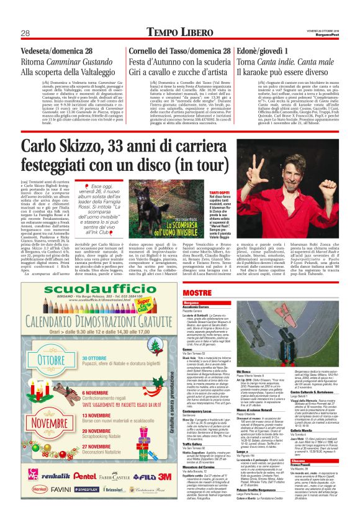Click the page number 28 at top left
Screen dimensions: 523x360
tap(26, 32)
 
